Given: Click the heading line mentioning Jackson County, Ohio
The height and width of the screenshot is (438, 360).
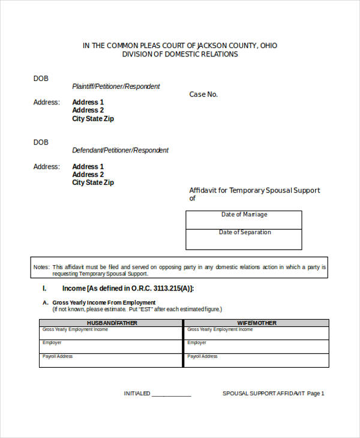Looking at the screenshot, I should click(x=180, y=46).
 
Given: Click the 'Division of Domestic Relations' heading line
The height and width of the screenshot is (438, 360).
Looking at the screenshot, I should click(x=180, y=54).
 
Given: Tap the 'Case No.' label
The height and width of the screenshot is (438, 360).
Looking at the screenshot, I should click(x=203, y=94).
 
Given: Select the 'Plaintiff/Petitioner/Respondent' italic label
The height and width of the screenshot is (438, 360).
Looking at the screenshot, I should click(x=116, y=86).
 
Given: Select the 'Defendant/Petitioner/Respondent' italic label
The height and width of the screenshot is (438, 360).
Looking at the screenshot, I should click(x=120, y=151).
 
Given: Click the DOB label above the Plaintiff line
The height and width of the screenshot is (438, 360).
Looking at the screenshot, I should click(x=41, y=79).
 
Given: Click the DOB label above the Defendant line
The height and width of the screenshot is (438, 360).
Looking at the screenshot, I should click(x=41, y=142).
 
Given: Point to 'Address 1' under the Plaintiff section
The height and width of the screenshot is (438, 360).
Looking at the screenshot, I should click(x=88, y=103).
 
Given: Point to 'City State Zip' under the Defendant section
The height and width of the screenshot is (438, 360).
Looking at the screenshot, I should click(x=93, y=182).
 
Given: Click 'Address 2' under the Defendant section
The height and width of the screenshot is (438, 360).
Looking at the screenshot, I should click(x=88, y=175).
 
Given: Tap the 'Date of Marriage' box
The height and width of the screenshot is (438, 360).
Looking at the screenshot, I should click(x=244, y=220).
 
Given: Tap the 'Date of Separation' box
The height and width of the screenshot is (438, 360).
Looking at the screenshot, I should click(x=244, y=239).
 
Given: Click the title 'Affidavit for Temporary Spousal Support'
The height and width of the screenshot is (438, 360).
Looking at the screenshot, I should click(x=254, y=190).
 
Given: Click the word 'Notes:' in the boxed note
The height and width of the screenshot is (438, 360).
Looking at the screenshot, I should click(x=41, y=267).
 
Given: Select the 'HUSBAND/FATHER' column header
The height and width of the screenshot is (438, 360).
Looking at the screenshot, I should click(x=112, y=323).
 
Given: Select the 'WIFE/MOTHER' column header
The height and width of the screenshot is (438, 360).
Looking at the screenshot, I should click(x=257, y=323).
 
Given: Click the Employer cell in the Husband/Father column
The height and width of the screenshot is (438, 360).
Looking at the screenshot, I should click(x=112, y=346).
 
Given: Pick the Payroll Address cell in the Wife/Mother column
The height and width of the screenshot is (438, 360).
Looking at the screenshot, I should click(x=257, y=360).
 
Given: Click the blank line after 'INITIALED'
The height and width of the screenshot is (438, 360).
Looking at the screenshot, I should click(x=172, y=394).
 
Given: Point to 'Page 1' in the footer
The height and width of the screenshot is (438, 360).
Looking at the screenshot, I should click(x=316, y=394).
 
